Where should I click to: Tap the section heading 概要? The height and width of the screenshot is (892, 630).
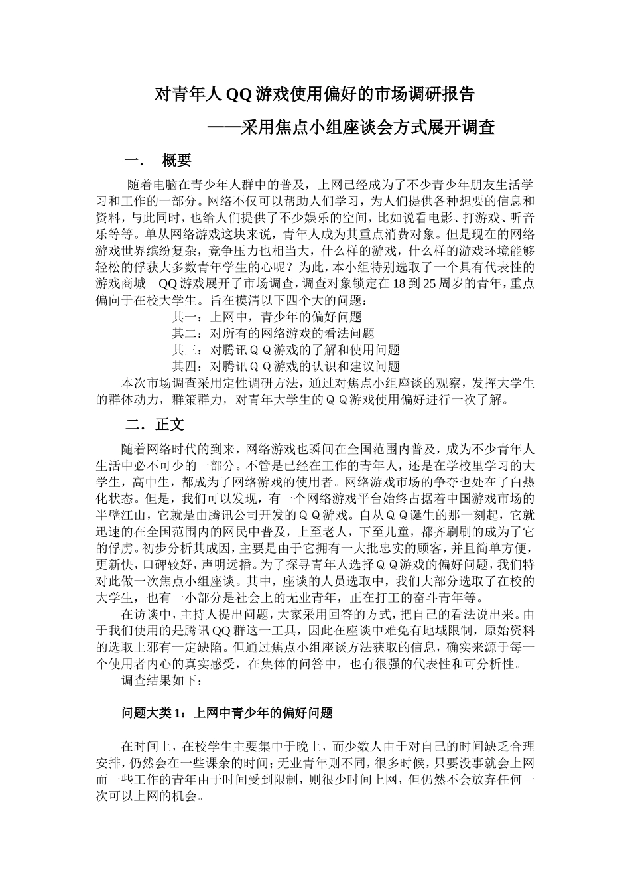pos(176,161)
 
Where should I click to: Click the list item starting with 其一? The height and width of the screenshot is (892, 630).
pos(267,317)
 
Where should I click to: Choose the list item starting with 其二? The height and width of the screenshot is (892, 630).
pos(273,334)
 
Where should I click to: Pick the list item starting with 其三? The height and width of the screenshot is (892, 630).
pos(286,350)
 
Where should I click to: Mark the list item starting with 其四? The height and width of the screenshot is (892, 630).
pos(286,366)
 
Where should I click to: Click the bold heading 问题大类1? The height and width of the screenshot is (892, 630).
pos(226,713)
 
